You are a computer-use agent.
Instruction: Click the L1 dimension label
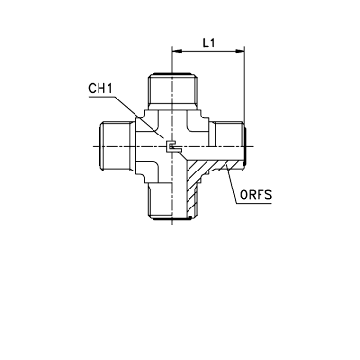(x=208, y=43)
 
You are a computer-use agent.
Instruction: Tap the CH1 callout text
(x=100, y=88)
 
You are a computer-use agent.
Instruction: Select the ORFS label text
(x=256, y=195)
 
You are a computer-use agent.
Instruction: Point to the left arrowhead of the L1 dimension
(x=177, y=51)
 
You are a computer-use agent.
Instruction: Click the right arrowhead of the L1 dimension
(x=240, y=51)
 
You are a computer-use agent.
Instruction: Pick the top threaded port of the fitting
(x=172, y=89)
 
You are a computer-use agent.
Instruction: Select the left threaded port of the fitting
(x=117, y=146)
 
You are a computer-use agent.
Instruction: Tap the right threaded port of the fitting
(x=228, y=146)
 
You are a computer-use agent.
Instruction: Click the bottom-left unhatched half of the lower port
(x=160, y=201)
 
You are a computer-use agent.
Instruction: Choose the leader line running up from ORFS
(x=231, y=183)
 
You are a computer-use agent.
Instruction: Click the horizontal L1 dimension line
(x=208, y=51)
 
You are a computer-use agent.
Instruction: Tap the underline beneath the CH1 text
(x=101, y=97)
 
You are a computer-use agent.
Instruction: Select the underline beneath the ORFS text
(x=254, y=203)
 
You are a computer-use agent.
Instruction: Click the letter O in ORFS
(x=244, y=195)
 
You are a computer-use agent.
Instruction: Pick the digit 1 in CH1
(x=109, y=88)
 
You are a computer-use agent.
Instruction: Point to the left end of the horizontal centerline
(x=94, y=146)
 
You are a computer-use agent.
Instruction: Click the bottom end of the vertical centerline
(x=172, y=224)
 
